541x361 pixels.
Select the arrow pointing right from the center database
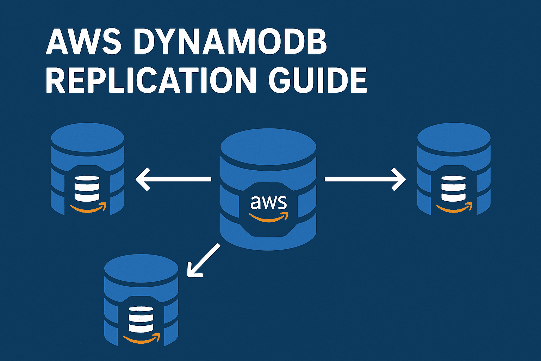click(x=365, y=179)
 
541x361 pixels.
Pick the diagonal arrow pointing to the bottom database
click(x=204, y=259)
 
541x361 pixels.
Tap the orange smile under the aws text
click(x=269, y=217)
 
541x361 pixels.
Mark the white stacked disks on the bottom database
click(x=141, y=319)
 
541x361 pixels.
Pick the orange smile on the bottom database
click(x=142, y=339)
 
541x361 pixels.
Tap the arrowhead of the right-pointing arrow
click(x=400, y=179)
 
